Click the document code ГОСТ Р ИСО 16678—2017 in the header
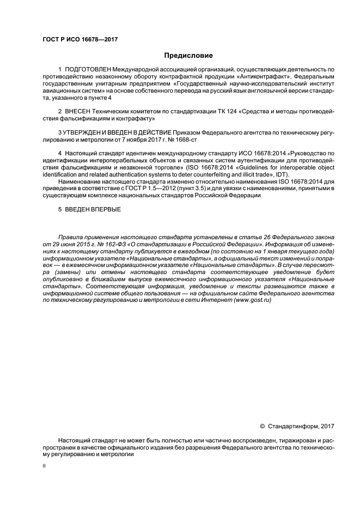click(x=80, y=40)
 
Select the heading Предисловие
click(x=188, y=56)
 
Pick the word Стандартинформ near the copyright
click(x=295, y=425)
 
